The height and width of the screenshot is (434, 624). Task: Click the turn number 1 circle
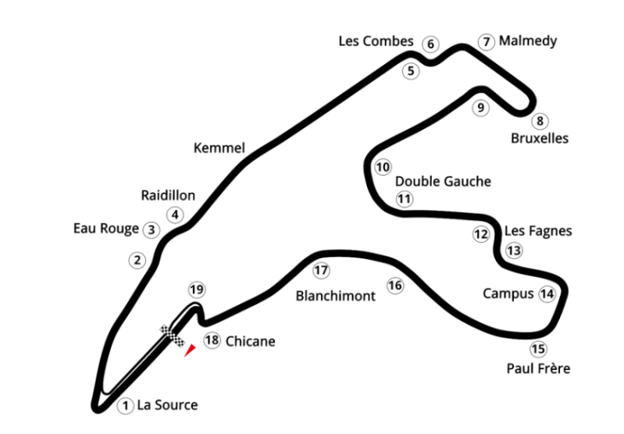[x=125, y=405]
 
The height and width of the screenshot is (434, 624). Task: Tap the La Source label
[x=167, y=405]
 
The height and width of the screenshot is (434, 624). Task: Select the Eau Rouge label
[x=105, y=229]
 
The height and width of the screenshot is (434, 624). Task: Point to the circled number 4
[x=175, y=215]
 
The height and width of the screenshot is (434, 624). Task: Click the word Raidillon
[x=168, y=195]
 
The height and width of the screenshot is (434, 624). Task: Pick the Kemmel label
[x=219, y=148]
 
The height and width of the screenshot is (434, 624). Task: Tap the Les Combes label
[x=375, y=41]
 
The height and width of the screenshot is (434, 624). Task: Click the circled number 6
[x=430, y=44]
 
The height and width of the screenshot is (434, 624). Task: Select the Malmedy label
[x=528, y=41]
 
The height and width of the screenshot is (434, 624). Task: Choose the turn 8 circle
[x=539, y=121]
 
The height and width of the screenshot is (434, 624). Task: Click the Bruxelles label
[x=539, y=139]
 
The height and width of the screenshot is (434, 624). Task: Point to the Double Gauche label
[x=443, y=181]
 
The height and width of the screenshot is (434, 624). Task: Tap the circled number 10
[x=382, y=167]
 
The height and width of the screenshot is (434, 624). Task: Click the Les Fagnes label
[x=538, y=230]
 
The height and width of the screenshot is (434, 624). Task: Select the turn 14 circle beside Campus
[x=547, y=293]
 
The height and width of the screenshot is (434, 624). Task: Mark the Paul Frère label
[x=537, y=368]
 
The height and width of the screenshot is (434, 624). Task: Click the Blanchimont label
[x=336, y=296]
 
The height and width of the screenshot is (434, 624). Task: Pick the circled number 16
[x=395, y=286]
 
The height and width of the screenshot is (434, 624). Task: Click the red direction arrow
[x=187, y=351]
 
